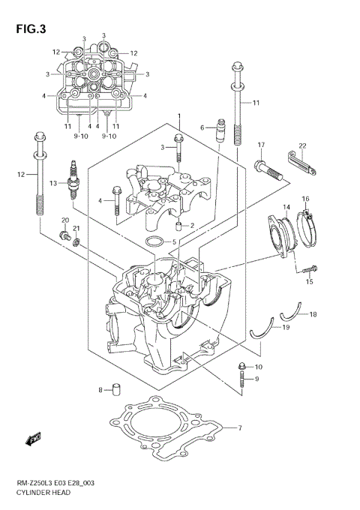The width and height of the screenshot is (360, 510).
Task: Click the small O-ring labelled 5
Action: click(154, 241)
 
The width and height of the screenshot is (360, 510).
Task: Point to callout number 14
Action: click(286, 206)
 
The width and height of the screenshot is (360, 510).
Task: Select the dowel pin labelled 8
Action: click(116, 388)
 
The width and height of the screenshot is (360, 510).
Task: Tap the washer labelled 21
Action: click(76, 243)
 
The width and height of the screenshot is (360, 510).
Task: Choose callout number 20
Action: click(64, 220)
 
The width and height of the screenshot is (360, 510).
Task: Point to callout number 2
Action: click(191, 226)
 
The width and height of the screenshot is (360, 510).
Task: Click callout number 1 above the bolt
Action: click(179, 115)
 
